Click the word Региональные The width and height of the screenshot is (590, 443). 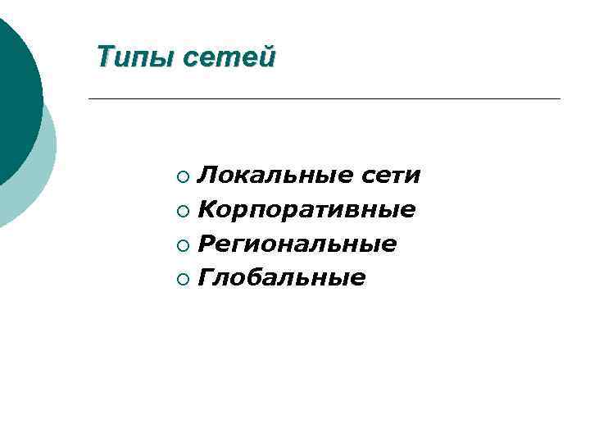point(297,244)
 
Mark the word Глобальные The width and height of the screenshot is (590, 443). point(282,279)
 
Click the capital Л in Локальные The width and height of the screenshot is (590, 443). point(208,176)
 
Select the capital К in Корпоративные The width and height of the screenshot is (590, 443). point(207,210)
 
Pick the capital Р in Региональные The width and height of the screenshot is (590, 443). point(207,244)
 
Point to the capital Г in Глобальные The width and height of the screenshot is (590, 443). point(206,279)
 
